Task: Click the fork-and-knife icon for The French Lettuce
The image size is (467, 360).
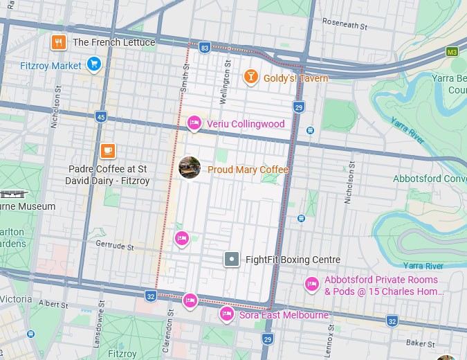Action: tap(59, 42)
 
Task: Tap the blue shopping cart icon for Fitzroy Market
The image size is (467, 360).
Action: tap(94, 65)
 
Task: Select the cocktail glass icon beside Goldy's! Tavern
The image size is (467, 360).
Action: tap(250, 78)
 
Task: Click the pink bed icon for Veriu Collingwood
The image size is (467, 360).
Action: tap(194, 124)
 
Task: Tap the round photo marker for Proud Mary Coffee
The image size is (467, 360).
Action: tap(190, 168)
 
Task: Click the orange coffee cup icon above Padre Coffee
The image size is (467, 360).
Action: tap(107, 150)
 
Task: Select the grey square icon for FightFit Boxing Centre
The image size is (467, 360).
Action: tap(232, 260)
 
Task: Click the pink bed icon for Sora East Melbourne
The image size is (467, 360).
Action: tap(226, 314)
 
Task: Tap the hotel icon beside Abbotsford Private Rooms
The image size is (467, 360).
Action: tap(311, 285)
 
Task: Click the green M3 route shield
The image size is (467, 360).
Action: tap(452, 52)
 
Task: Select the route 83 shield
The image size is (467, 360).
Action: tap(204, 48)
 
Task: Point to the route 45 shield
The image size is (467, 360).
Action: tap(102, 117)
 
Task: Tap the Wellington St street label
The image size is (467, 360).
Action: tap(224, 82)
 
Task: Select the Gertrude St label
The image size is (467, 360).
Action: tap(115, 245)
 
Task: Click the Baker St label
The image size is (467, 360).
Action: tap(421, 343)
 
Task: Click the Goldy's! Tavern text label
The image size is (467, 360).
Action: tap(295, 78)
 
